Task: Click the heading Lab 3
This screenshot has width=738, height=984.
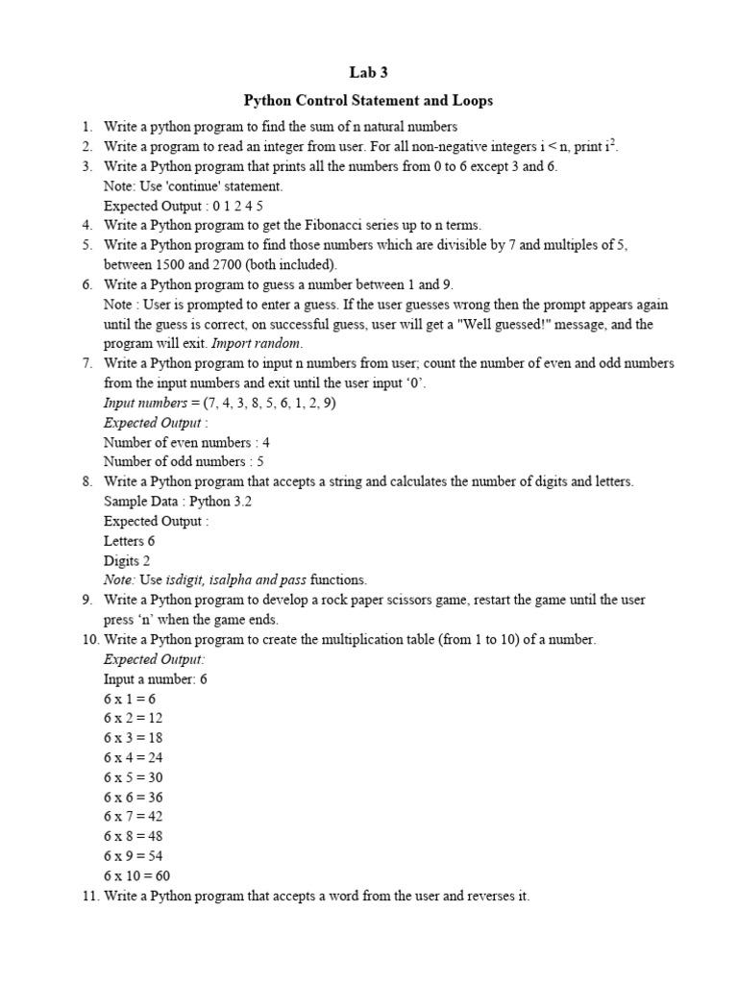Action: coord(368,72)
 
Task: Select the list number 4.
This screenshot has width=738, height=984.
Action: coord(86,225)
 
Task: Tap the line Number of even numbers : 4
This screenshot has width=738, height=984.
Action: coord(186,442)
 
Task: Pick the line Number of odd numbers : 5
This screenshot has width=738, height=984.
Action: coord(184,461)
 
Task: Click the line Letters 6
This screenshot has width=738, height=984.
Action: coord(129,540)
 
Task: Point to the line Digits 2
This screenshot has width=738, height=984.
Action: coord(127,560)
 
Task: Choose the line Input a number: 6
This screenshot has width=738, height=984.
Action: coord(155,678)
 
